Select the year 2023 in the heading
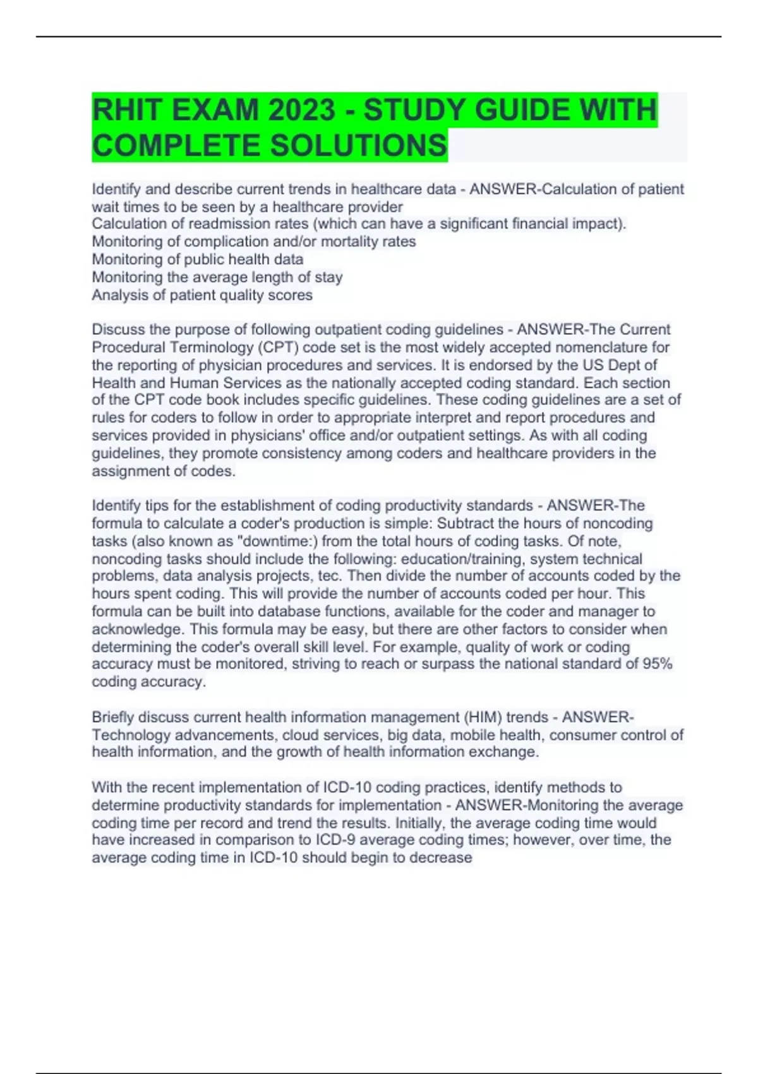(x=302, y=111)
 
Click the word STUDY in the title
(x=413, y=111)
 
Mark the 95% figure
(x=657, y=664)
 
